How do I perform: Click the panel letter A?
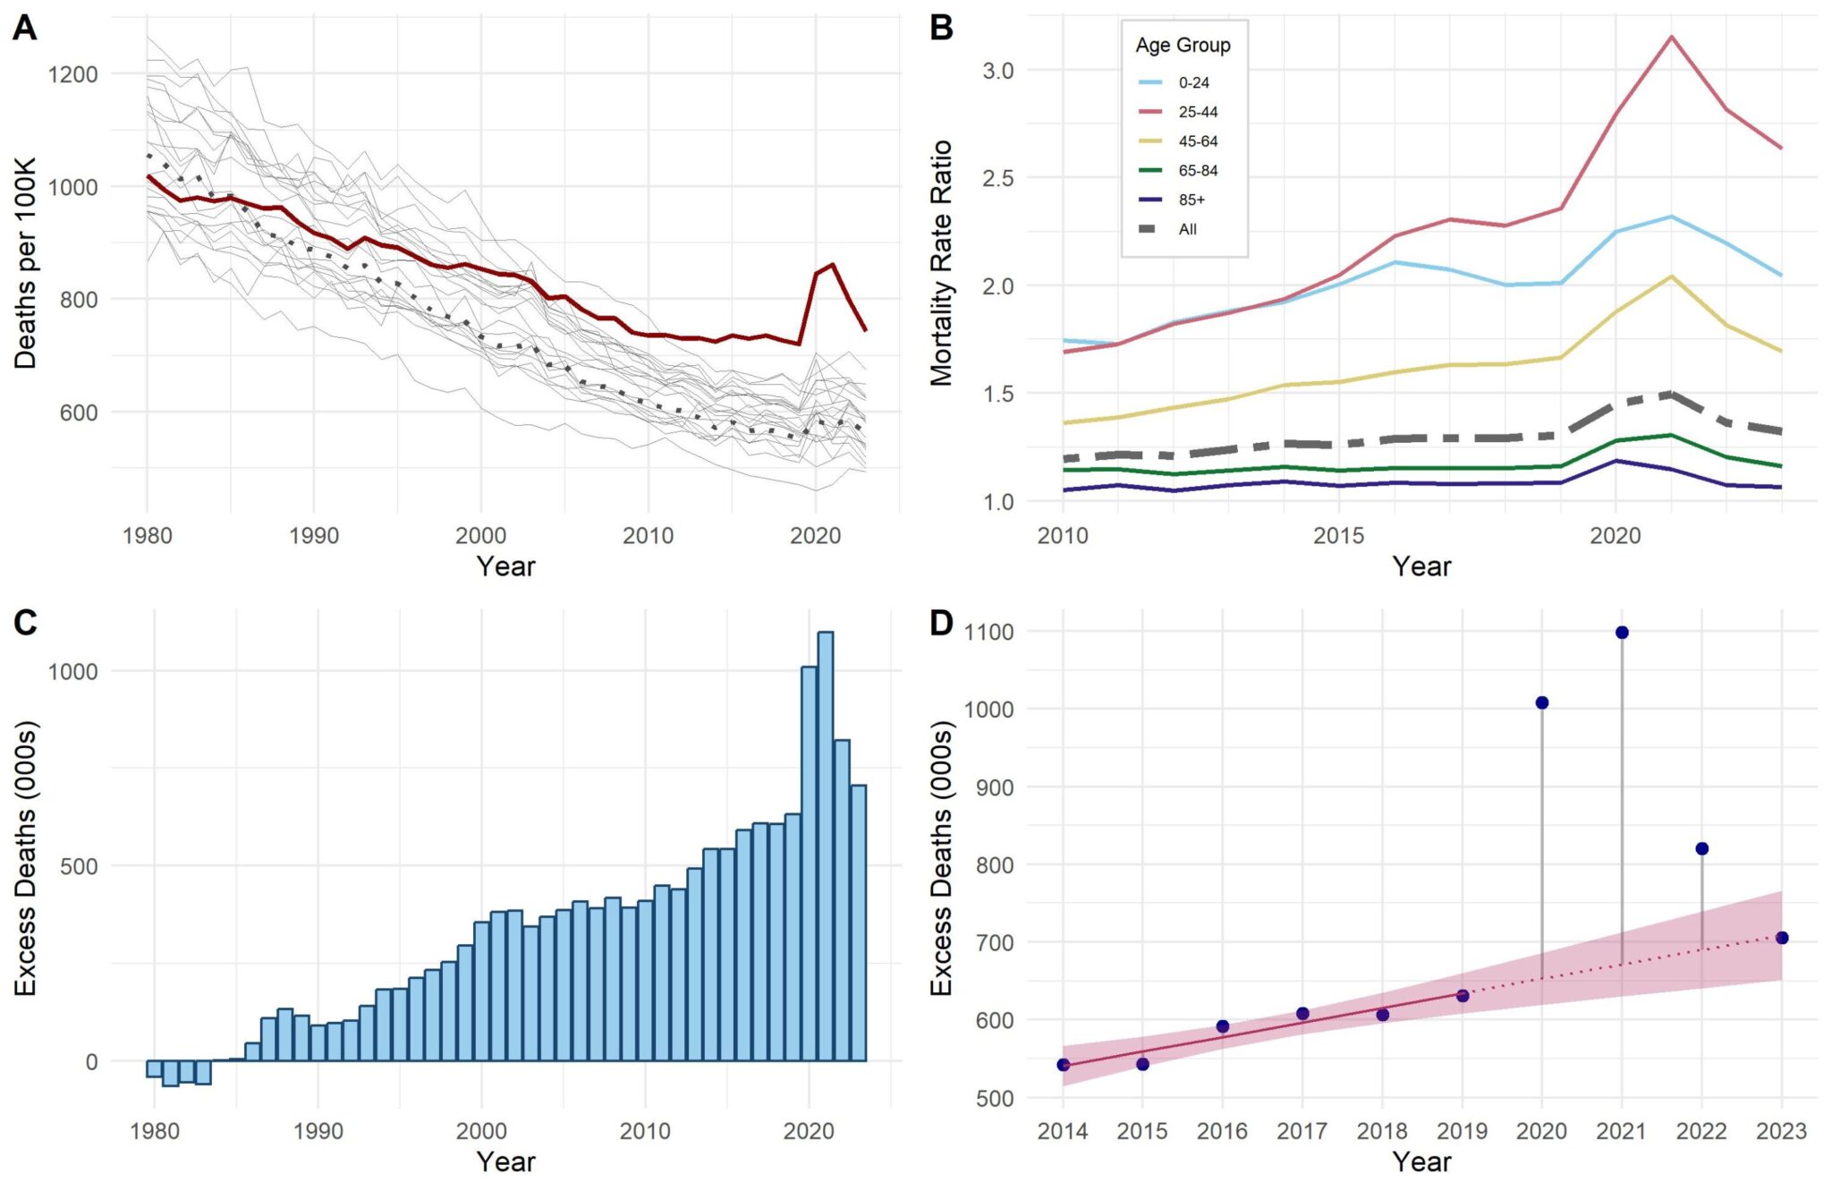click(x=24, y=28)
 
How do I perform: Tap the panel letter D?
click(x=941, y=623)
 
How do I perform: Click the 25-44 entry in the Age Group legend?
click(x=1197, y=112)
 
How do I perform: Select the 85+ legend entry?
click(x=1191, y=200)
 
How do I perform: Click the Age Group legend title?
click(x=1183, y=45)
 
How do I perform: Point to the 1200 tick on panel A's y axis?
click(x=72, y=74)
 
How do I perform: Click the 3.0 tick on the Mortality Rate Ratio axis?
click(x=997, y=71)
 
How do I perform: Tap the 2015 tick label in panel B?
click(x=1338, y=536)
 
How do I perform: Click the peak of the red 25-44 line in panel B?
click(x=1671, y=37)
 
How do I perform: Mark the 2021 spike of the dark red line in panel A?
click(x=833, y=265)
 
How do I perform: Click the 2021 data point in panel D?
click(x=1622, y=633)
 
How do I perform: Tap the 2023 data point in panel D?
click(x=1782, y=938)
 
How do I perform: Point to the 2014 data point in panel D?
click(x=1063, y=1065)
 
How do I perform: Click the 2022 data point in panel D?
click(x=1701, y=848)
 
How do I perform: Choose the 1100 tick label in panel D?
click(x=988, y=632)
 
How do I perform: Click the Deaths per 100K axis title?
click(x=25, y=263)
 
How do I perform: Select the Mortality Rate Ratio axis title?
click(x=941, y=263)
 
